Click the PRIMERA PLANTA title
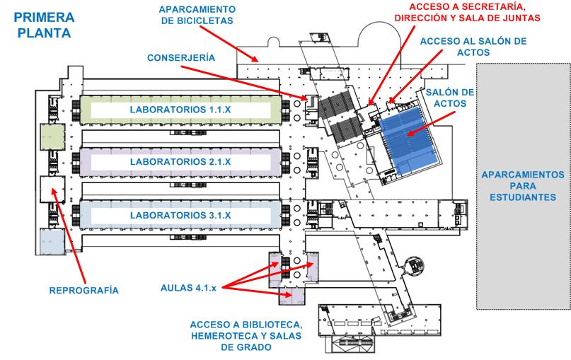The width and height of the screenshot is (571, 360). (x=44, y=25)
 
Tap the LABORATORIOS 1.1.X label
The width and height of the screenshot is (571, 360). (x=180, y=110)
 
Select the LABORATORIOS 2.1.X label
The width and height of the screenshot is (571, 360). (x=180, y=162)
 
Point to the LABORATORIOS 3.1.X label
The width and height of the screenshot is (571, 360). (x=180, y=215)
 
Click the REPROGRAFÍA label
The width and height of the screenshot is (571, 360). (x=83, y=291)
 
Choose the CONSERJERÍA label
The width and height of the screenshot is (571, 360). (x=181, y=57)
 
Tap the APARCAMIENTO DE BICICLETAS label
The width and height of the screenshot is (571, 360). (x=197, y=15)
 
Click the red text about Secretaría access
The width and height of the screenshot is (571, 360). (x=467, y=12)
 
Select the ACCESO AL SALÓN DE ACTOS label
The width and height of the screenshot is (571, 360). (x=473, y=47)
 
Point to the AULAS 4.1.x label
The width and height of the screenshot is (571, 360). (x=188, y=288)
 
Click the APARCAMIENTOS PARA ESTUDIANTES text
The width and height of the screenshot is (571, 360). (x=523, y=186)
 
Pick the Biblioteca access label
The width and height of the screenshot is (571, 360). (x=246, y=336)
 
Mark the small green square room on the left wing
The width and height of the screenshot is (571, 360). (x=52, y=137)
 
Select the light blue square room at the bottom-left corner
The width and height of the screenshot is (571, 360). (x=52, y=241)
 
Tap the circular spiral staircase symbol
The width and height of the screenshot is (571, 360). (x=414, y=265)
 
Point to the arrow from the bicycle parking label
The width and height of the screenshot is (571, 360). (x=229, y=43)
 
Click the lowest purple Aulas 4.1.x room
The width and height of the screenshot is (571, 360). (x=292, y=295)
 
